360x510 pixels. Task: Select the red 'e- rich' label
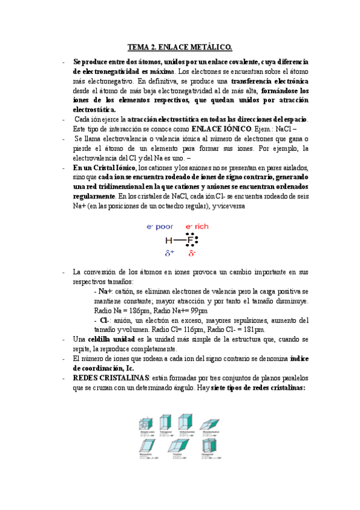pos(197,227)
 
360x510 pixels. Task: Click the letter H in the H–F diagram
pos(169,241)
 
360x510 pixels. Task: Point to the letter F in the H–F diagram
pos(191,241)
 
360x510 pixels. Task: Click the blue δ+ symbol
pos(169,254)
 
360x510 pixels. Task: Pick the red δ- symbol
pos(192,254)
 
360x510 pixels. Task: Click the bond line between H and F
pos(180,241)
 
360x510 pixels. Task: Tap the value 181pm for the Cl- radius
pos(254,330)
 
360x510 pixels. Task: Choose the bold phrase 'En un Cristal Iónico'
pos(105,167)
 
